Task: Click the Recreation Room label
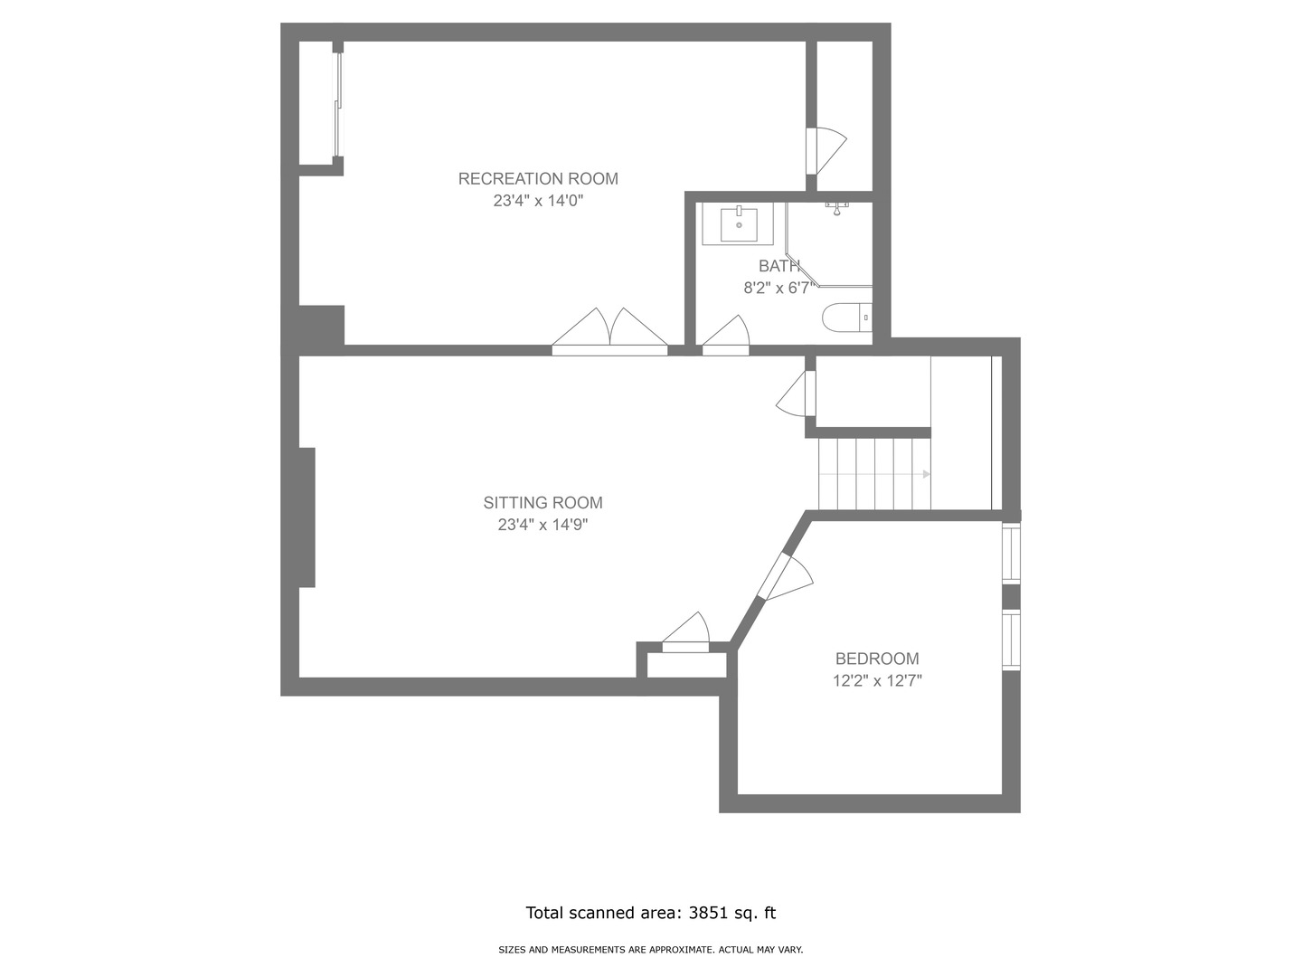tap(538, 179)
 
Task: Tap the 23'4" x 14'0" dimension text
tap(538, 201)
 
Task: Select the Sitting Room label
tap(542, 503)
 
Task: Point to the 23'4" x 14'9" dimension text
tap(542, 525)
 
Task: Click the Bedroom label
tap(877, 659)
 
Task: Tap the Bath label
tap(778, 266)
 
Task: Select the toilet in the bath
tap(846, 318)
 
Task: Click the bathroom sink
tap(739, 223)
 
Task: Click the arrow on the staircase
tap(926, 474)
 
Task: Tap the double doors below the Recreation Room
tap(610, 332)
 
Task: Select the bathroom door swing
tap(727, 335)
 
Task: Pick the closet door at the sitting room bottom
tap(686, 633)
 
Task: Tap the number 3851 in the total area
tap(708, 913)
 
